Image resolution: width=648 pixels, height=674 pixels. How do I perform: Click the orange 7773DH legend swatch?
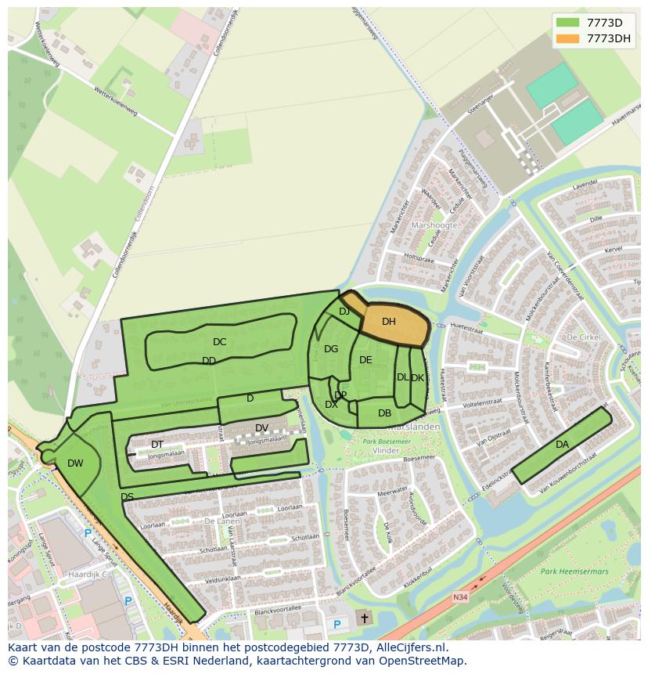tap(570, 38)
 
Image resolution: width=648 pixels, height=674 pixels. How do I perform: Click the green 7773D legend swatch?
tap(570, 22)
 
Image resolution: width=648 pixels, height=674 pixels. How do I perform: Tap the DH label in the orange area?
tap(389, 322)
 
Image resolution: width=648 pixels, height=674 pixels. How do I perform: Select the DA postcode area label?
tap(562, 445)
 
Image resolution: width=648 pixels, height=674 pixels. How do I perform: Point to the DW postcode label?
tap(75, 463)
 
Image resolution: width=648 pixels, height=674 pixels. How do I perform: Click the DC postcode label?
tap(219, 342)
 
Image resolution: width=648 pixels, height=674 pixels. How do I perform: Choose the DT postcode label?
tap(157, 445)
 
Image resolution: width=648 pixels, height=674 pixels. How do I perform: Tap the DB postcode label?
tap(384, 413)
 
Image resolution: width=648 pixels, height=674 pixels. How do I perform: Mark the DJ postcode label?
tap(344, 312)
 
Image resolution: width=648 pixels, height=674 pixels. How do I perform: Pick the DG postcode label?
tap(331, 349)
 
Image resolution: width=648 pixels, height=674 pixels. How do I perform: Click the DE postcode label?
tap(365, 360)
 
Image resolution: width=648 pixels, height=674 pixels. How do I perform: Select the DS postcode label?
tap(127, 497)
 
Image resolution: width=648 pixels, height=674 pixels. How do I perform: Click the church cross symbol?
tap(364, 618)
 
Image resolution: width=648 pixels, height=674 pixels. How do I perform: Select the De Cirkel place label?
tap(582, 337)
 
